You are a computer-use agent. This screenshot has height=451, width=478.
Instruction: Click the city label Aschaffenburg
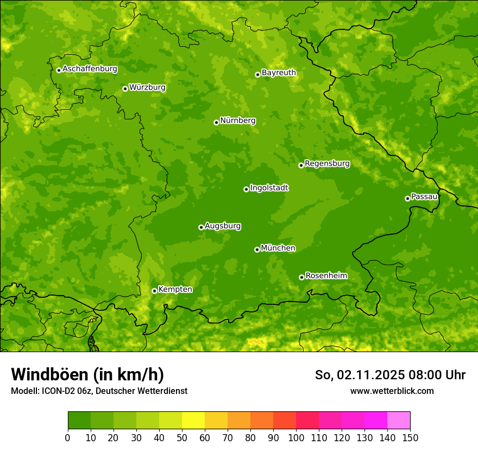click(x=90, y=69)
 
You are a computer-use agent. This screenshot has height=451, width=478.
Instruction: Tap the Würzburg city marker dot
click(x=125, y=89)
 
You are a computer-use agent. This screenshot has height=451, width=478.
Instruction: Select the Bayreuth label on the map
click(x=279, y=73)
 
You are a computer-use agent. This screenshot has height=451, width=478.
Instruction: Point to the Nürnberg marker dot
click(x=216, y=122)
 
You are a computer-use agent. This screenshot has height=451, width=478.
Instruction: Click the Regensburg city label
click(x=327, y=164)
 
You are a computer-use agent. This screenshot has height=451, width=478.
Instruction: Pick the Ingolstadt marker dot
click(x=246, y=189)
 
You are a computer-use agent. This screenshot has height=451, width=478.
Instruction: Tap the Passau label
click(x=424, y=197)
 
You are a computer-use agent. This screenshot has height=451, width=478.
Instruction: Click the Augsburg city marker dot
click(x=201, y=227)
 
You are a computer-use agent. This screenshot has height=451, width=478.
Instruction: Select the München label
click(x=278, y=248)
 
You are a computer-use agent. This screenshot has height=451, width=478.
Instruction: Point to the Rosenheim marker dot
click(x=301, y=277)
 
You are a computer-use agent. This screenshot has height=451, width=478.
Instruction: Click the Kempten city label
click(x=175, y=290)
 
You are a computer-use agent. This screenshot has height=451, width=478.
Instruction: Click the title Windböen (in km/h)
click(x=87, y=374)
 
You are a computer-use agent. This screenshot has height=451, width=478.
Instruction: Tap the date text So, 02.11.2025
click(x=359, y=375)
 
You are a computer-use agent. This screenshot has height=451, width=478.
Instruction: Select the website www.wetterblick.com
click(x=392, y=391)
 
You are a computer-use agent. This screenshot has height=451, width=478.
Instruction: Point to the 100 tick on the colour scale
click(x=296, y=437)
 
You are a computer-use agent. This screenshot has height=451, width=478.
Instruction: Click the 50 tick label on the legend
click(x=182, y=437)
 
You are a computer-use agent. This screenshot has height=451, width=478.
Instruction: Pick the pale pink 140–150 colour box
click(x=399, y=420)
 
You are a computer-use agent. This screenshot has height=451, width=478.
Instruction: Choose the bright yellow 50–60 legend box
click(x=193, y=420)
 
